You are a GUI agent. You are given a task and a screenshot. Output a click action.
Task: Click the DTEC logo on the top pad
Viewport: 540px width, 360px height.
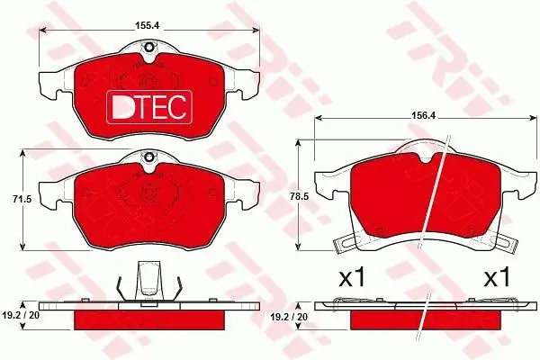tap(149, 107)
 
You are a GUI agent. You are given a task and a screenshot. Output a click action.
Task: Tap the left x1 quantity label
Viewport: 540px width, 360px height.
tap(352, 278)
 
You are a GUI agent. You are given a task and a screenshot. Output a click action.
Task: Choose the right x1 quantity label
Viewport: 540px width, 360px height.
tap(497, 278)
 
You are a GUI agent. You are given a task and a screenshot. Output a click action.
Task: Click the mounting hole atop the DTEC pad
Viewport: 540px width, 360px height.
tap(149, 47)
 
